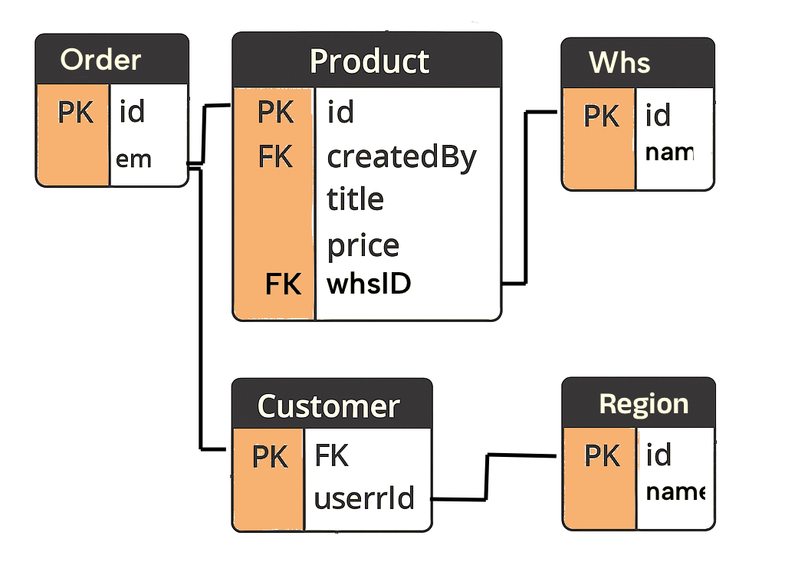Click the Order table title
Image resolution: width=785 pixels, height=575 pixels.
(100, 60)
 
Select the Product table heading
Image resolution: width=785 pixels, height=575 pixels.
(369, 61)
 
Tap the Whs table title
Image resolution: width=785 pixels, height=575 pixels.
(619, 63)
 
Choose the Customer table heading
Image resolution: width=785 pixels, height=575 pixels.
(328, 406)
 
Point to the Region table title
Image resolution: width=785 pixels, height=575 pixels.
(643, 404)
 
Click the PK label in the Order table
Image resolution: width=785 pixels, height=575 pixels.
(75, 113)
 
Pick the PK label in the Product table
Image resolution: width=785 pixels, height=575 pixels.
(275, 113)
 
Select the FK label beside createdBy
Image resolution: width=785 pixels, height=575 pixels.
(275, 157)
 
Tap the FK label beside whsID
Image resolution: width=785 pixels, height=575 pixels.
(283, 284)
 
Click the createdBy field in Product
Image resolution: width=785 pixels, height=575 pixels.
(402, 157)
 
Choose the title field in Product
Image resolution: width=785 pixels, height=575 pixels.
(355, 200)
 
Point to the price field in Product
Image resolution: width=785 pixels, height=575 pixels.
(363, 246)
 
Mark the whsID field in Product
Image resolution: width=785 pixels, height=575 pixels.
(369, 284)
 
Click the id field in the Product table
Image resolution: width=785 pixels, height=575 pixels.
(340, 113)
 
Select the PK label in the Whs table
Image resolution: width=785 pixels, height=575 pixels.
(601, 116)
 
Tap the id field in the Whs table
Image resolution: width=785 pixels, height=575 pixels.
(659, 116)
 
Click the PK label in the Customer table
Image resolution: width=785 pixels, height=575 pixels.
(270, 457)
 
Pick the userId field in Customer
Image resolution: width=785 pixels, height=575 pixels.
(364, 498)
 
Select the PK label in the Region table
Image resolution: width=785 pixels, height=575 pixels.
(602, 455)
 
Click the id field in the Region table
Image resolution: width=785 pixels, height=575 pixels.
(659, 455)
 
